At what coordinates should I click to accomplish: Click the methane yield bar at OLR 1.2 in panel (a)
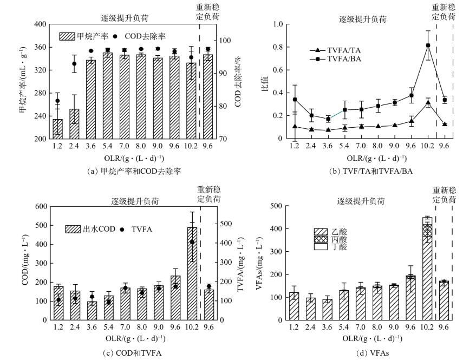click(57, 129)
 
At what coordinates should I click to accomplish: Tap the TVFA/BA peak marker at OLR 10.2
click(428, 45)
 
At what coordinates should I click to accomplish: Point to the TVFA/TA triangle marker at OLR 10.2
click(428, 102)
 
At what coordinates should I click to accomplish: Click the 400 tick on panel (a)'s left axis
click(40, 24)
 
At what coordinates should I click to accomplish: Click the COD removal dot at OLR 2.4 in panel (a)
click(74, 64)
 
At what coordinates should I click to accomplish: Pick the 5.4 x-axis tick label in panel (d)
click(343, 328)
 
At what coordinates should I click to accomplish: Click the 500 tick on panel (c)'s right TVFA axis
click(223, 223)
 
